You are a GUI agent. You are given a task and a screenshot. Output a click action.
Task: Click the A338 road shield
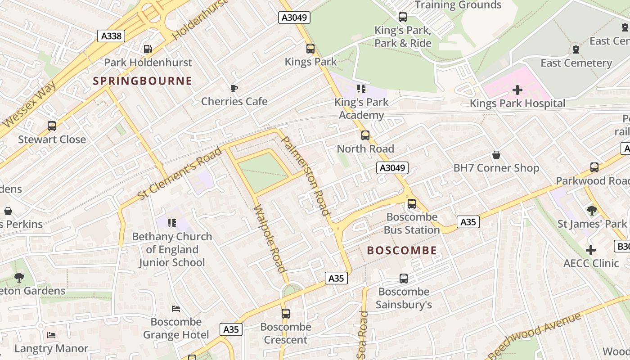pyautogui.click(x=111, y=36)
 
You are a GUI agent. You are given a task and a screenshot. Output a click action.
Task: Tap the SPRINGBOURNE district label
pyautogui.click(x=142, y=81)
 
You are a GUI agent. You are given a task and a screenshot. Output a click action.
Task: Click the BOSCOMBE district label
pyautogui.click(x=402, y=251)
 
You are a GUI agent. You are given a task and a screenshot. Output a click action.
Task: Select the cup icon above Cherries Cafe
pyautogui.click(x=234, y=88)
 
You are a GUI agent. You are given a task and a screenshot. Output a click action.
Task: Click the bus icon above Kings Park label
pyautogui.click(x=310, y=49)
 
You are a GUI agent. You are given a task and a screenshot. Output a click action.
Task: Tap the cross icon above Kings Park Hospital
pyautogui.click(x=517, y=90)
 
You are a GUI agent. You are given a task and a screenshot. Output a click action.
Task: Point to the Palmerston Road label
pyautogui.click(x=306, y=175)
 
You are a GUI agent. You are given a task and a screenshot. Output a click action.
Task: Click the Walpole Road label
pyautogui.click(x=270, y=239)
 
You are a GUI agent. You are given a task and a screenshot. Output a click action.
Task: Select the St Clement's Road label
pyautogui.click(x=180, y=173)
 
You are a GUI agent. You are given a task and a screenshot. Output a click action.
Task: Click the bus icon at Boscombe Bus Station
pyautogui.click(x=412, y=204)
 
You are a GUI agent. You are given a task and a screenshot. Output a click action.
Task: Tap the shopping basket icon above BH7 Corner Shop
pyautogui.click(x=496, y=155)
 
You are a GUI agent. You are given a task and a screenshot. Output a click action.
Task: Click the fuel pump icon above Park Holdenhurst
pyautogui.click(x=148, y=49)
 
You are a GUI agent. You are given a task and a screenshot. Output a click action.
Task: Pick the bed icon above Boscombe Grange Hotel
pyautogui.click(x=176, y=309)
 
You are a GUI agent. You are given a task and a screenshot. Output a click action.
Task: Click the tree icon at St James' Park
pyautogui.click(x=592, y=211)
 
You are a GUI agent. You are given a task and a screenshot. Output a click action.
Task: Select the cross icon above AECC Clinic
pyautogui.click(x=591, y=250)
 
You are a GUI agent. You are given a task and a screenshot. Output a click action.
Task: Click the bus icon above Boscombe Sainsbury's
pyautogui.click(x=404, y=279)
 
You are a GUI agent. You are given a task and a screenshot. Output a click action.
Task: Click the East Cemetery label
pyautogui.click(x=576, y=63)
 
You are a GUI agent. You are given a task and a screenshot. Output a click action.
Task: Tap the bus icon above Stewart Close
pyautogui.click(x=52, y=126)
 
